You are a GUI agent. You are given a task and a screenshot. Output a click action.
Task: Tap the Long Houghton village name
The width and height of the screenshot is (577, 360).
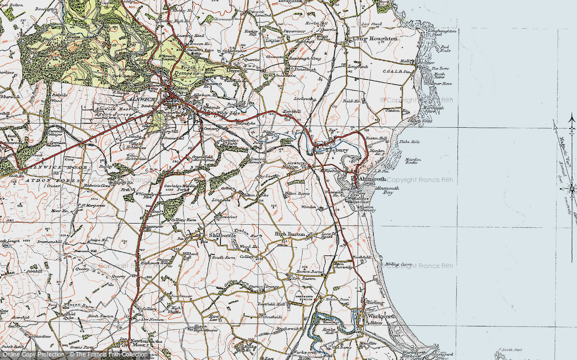375,39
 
